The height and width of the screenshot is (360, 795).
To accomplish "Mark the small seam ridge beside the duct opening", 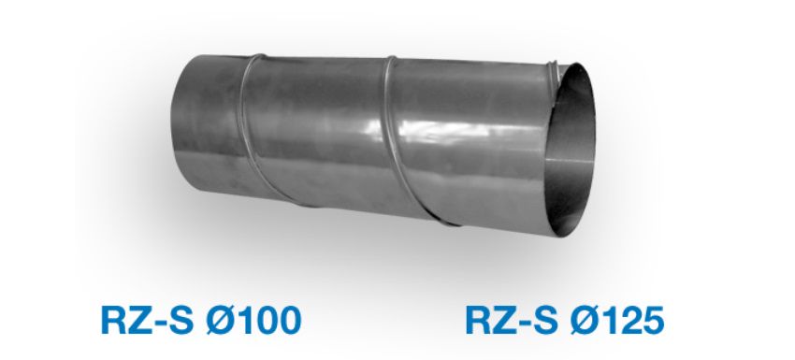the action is click(x=553, y=70).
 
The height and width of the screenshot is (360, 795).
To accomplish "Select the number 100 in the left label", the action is click(x=268, y=321).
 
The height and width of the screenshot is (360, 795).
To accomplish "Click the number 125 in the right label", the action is click(x=631, y=321).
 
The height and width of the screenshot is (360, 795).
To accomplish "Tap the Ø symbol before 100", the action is click(x=220, y=321).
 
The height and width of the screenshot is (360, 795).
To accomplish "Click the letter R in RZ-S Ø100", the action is click(x=113, y=321).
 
